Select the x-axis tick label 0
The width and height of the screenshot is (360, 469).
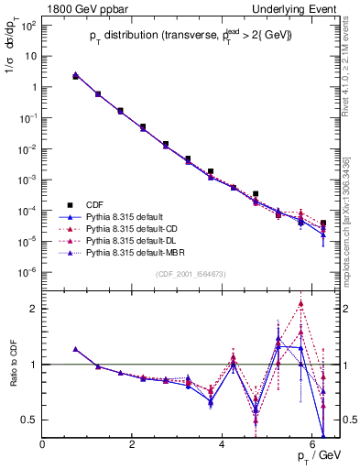tap(43, 444)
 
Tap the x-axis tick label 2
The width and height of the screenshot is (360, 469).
tap(133, 444)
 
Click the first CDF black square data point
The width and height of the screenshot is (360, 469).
tap(75, 77)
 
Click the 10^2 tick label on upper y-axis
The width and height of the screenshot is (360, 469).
tap(28, 25)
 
